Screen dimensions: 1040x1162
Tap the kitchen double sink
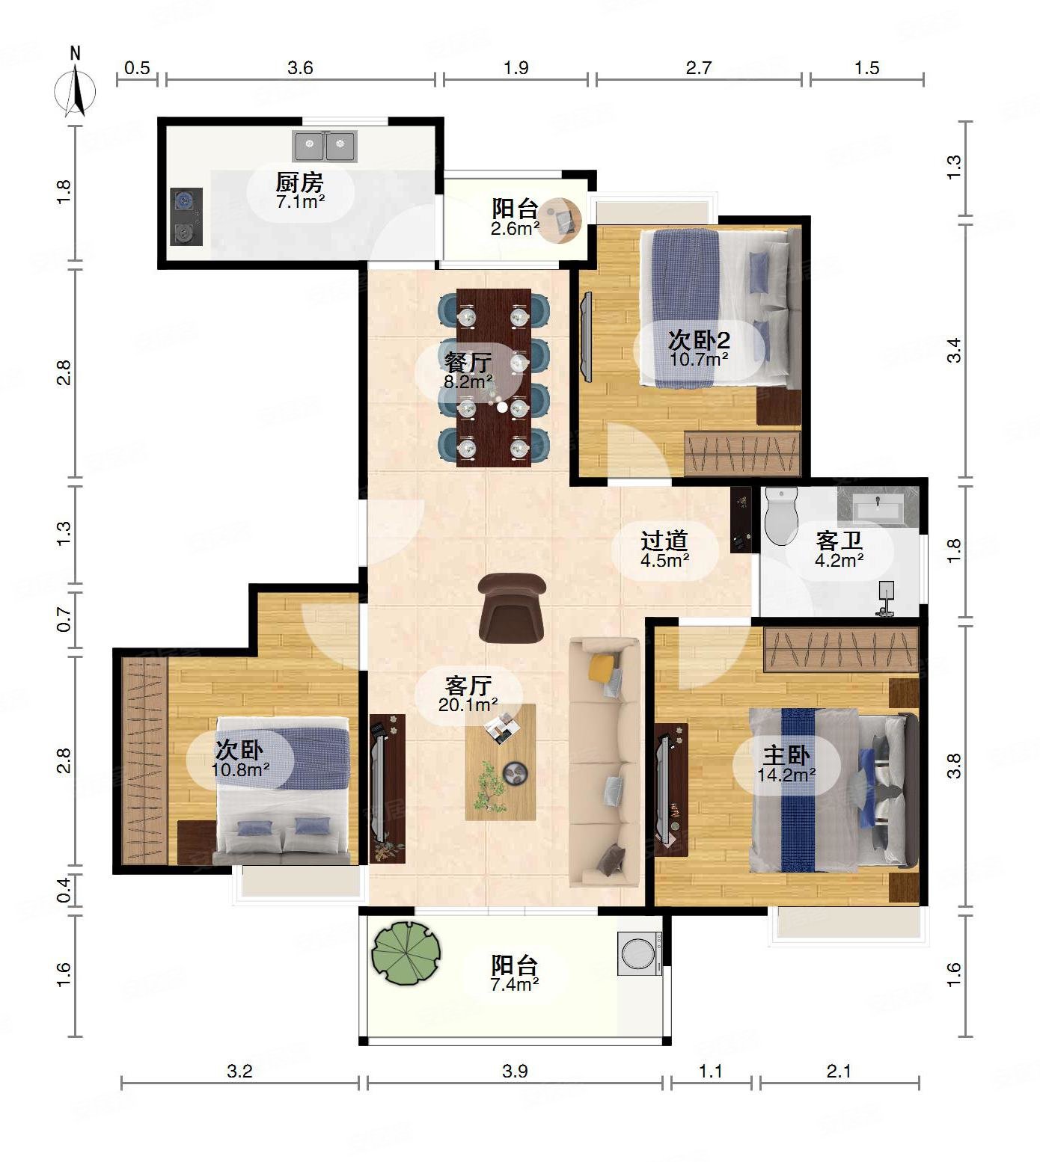click(x=325, y=147)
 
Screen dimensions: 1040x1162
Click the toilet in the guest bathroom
click(x=781, y=517)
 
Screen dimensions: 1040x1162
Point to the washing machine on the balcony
click(x=640, y=953)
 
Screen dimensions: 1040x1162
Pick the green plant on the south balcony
click(x=406, y=952)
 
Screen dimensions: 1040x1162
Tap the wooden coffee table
click(x=501, y=762)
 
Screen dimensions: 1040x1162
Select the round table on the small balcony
click(x=561, y=220)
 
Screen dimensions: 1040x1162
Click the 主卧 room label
click(x=786, y=754)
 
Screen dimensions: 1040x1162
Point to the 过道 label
click(x=664, y=540)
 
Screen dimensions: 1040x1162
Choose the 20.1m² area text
click(x=468, y=704)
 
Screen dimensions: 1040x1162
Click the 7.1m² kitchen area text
click(x=300, y=201)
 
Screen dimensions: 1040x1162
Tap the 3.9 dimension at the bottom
click(x=515, y=1071)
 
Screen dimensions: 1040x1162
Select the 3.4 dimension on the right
click(x=954, y=351)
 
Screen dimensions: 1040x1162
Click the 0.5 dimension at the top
click(x=137, y=68)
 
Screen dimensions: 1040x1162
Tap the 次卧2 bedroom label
click(x=699, y=341)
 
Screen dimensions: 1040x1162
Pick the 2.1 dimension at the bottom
click(x=839, y=1071)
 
